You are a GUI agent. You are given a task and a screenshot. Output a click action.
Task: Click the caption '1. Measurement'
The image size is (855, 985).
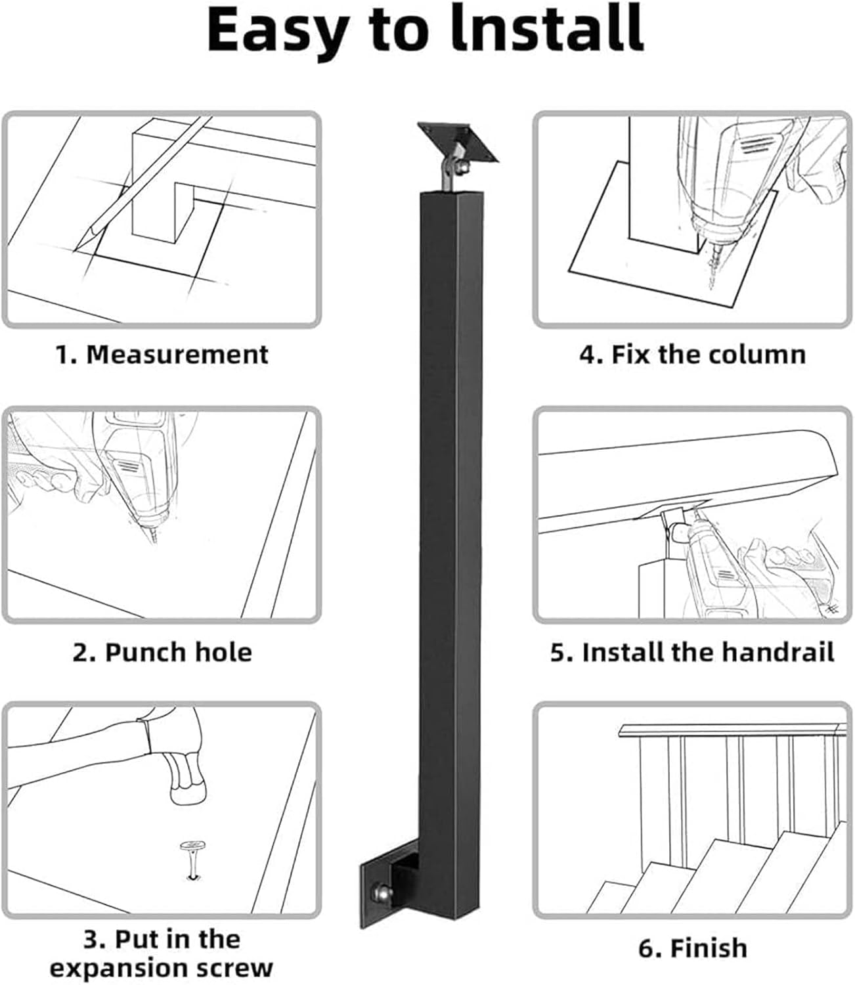point(162,355)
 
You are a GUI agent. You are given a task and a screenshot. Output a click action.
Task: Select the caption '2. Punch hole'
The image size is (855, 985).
point(162,652)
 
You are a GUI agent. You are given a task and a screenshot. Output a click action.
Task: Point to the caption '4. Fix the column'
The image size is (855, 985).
point(692,355)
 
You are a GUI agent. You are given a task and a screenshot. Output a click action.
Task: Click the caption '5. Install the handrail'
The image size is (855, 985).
point(692,652)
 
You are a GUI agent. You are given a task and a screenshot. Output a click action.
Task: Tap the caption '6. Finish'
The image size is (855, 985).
point(692,948)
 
